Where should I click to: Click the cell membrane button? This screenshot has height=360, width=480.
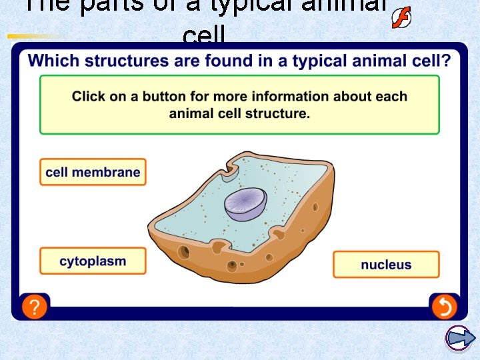point(93,172)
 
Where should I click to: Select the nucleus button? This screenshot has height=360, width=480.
point(386,265)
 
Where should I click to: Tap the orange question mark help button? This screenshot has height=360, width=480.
point(34,307)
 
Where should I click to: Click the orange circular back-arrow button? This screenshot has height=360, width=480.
point(443,307)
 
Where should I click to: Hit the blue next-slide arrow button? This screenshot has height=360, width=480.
point(459,338)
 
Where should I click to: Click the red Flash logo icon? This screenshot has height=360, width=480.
point(401,18)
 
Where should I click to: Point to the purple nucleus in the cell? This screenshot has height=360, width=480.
point(245,204)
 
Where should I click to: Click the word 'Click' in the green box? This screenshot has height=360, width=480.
point(89,97)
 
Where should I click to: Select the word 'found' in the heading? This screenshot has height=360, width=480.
point(219,61)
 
